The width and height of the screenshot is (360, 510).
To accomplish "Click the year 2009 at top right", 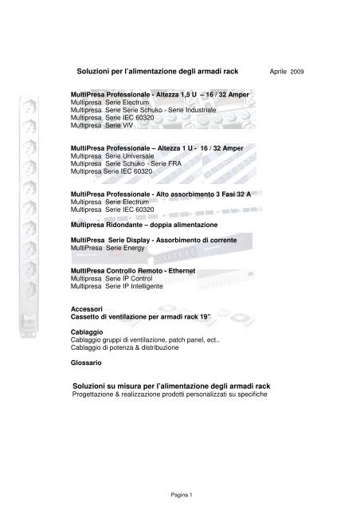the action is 297,72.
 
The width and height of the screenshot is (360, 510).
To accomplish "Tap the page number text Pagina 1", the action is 179,494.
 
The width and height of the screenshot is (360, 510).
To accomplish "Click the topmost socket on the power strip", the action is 25,84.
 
